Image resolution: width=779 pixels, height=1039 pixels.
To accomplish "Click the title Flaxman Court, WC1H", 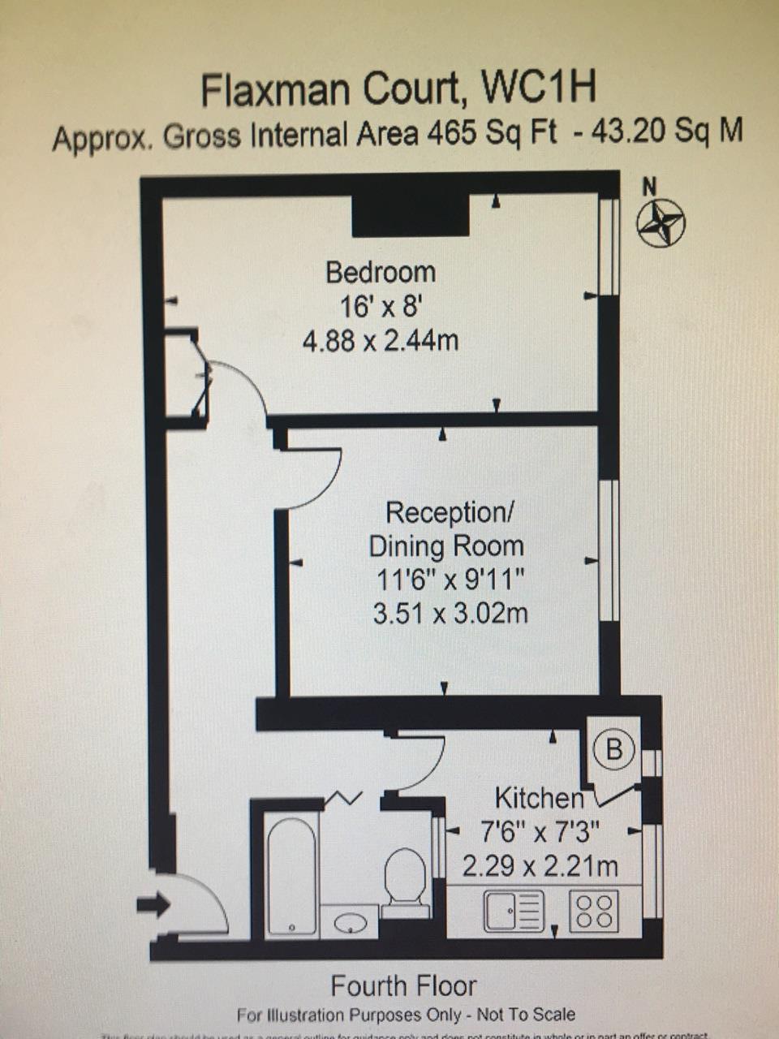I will [x=398, y=89].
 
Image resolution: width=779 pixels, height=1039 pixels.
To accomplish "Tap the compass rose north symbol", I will [x=660, y=222].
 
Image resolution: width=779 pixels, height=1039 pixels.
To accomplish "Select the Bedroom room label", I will [x=380, y=272].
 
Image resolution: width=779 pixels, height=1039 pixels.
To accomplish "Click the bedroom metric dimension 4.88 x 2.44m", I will [x=380, y=339].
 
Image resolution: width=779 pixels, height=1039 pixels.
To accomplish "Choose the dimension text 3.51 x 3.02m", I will [x=450, y=613].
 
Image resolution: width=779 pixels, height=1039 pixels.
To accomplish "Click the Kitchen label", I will [x=539, y=798].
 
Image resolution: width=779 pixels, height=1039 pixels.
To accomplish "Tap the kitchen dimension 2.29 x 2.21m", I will [x=540, y=866].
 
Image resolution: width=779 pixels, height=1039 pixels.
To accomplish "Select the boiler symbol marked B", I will [x=614, y=749].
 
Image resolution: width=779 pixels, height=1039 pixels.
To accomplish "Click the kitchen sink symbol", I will [x=514, y=911].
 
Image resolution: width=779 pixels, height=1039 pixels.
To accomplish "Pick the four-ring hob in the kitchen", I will [x=594, y=911].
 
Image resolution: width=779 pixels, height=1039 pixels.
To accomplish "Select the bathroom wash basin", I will [x=350, y=922].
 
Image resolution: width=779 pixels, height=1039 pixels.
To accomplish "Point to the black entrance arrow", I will [x=153, y=904].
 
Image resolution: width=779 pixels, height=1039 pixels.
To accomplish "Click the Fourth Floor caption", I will [x=403, y=986].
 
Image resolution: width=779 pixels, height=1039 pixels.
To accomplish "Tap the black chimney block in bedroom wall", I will [x=411, y=216].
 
